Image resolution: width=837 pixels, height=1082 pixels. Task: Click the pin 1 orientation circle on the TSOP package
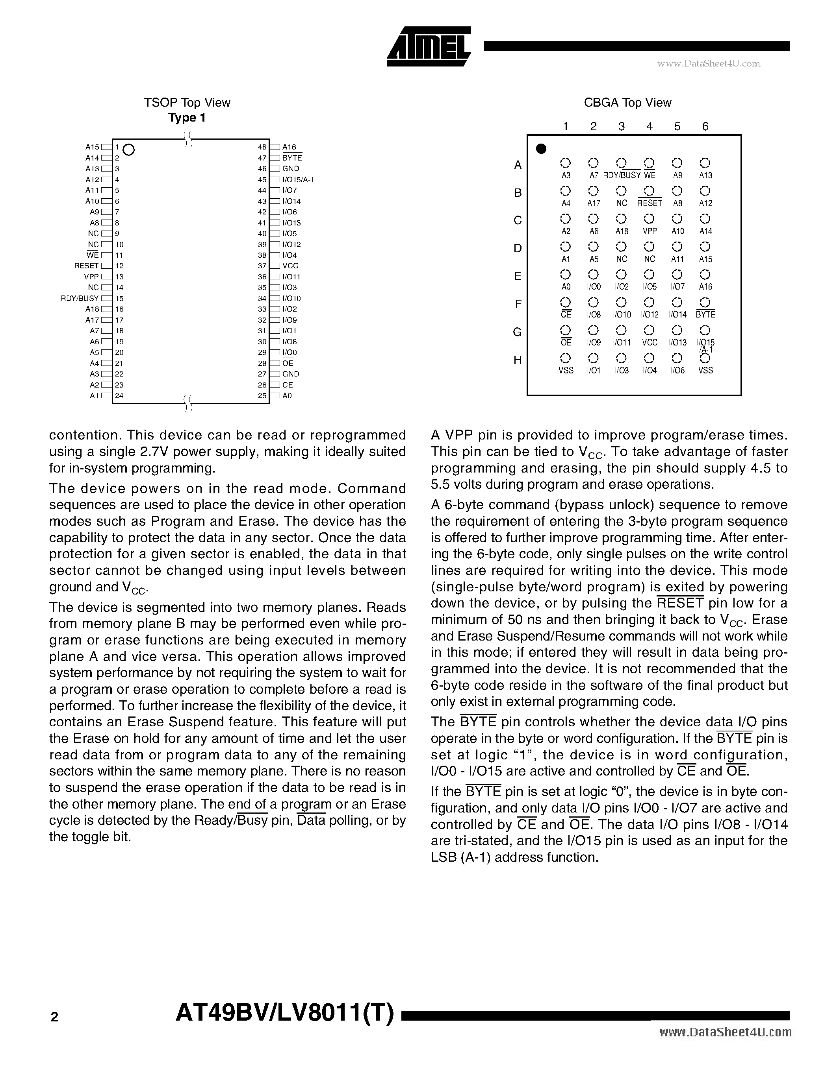[128, 149]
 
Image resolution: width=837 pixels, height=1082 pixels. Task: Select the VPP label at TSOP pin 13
[91, 277]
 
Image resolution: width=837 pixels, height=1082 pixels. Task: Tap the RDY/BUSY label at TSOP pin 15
[79, 298]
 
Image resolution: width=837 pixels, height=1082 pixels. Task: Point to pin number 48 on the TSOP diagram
[262, 147]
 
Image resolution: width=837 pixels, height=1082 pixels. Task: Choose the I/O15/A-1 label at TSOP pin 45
[298, 180]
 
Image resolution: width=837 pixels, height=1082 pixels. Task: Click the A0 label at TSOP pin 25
[287, 396]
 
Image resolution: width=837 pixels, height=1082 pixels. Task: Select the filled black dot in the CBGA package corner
[542, 149]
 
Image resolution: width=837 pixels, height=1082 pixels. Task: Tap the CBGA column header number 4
[649, 126]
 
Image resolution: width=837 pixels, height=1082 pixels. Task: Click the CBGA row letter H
[517, 360]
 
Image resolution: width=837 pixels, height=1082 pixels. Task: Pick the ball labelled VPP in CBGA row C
[649, 218]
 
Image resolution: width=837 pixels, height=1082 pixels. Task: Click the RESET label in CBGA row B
[650, 203]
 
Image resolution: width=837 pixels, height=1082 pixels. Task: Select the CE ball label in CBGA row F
[566, 315]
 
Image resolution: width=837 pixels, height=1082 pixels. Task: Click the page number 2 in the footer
[54, 1017]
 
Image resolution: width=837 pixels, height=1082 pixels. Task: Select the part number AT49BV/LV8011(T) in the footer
[285, 1013]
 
